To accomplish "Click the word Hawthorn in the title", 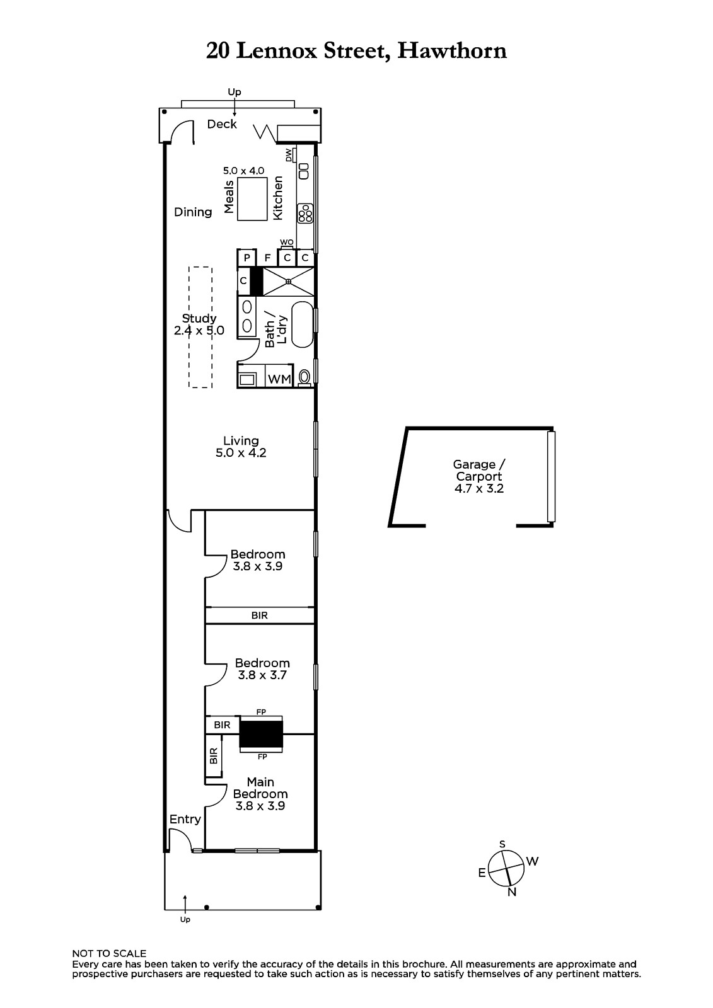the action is [452, 50].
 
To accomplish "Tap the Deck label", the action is [222, 123].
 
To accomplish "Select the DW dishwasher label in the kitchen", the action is [289, 155].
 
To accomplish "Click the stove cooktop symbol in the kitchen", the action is [305, 214].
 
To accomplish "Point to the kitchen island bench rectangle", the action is [252, 198].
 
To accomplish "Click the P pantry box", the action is [247, 258].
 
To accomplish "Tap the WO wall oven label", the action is [287, 242].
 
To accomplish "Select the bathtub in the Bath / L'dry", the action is [302, 324].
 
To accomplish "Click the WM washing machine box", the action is [279, 379].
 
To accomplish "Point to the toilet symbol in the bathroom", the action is [304, 377].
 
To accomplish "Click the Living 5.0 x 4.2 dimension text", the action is [241, 453].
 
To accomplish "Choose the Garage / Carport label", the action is [479, 470].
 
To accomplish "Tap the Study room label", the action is [199, 318].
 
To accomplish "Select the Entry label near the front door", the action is [185, 820].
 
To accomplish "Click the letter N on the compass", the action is [512, 892].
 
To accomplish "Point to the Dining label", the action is [193, 212].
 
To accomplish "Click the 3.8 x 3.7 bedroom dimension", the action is [262, 675].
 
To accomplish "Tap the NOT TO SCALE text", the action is [109, 953].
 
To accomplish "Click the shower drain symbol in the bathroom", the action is [288, 282].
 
